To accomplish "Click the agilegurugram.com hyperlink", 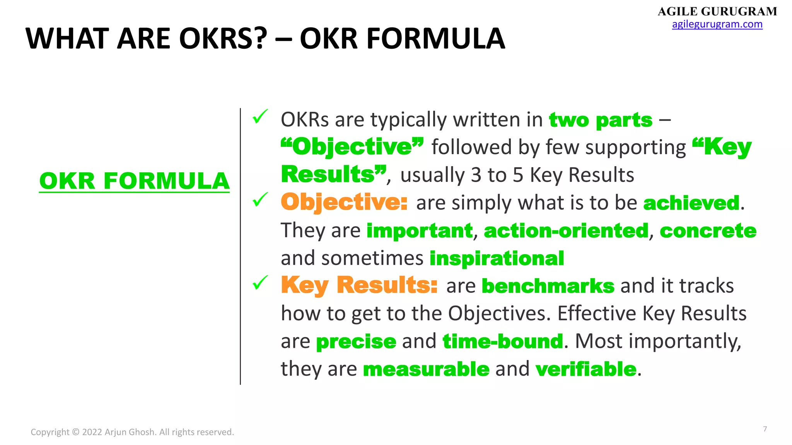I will coord(717,24).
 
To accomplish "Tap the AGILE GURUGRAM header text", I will coord(717,12).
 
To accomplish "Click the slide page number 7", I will coord(765,429).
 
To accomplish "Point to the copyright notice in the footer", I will coord(132,432).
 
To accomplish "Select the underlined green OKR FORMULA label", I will coord(134,181).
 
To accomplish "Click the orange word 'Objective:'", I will coord(344,202).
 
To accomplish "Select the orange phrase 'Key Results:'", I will coord(359,285).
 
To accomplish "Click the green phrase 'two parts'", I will coord(601,120).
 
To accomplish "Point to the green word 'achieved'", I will coord(691,203).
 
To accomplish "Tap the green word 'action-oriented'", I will coord(566,231).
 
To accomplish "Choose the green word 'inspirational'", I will coord(497,258).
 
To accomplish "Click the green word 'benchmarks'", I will coord(548,286).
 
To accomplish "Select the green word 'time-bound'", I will coord(502,341).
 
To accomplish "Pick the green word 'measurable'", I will coord(426,369).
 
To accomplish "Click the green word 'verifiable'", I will coord(585,369).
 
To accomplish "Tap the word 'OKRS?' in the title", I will coord(223,39).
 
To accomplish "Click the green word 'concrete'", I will coord(708,231).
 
